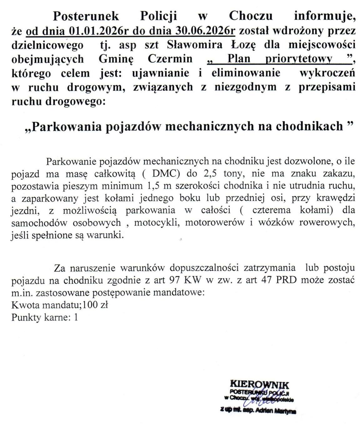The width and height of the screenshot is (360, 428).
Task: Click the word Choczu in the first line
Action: pos(251,16)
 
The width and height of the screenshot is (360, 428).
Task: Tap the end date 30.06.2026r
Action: pos(205,31)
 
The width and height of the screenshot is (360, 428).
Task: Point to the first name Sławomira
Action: pos(195,44)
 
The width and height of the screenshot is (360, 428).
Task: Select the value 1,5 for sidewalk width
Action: pos(152,186)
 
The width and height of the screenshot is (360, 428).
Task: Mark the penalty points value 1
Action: pos(75,317)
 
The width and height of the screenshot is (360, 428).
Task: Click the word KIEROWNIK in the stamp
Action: pos(259,384)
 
